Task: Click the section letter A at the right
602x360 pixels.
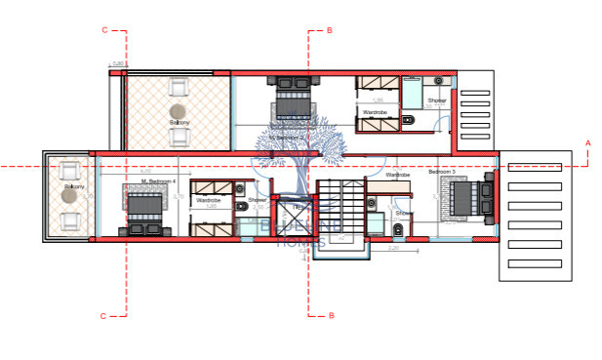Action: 587,144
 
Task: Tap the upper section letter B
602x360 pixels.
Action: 330,31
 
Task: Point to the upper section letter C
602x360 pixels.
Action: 104,31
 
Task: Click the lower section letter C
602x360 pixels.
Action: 104,315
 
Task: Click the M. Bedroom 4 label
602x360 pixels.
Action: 156,181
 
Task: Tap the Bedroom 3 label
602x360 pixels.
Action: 441,173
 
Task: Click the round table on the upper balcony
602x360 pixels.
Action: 179,111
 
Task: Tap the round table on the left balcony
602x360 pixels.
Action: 68,195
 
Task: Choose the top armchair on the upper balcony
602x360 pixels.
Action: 179,87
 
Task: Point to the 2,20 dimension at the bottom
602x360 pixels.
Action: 392,248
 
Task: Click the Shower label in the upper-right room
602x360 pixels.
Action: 436,100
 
